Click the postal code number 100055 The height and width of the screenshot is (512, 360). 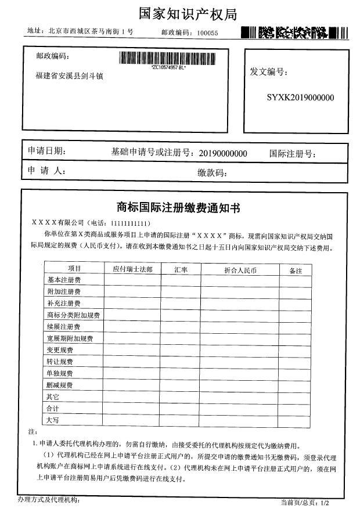(x=207, y=33)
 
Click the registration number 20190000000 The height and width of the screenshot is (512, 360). (x=223, y=153)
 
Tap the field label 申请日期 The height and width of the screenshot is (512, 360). (x=46, y=151)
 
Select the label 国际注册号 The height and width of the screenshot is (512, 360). (x=291, y=154)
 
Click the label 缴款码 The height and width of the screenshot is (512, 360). (x=211, y=172)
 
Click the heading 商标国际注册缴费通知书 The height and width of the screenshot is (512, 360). (x=178, y=207)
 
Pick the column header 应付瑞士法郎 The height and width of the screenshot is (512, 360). (x=132, y=269)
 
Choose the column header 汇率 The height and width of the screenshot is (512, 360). (x=181, y=269)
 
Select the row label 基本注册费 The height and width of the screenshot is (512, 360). (x=64, y=280)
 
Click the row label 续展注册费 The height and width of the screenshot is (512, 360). (x=64, y=327)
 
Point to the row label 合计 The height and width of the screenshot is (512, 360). (x=53, y=408)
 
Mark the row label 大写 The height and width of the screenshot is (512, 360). (x=53, y=420)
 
